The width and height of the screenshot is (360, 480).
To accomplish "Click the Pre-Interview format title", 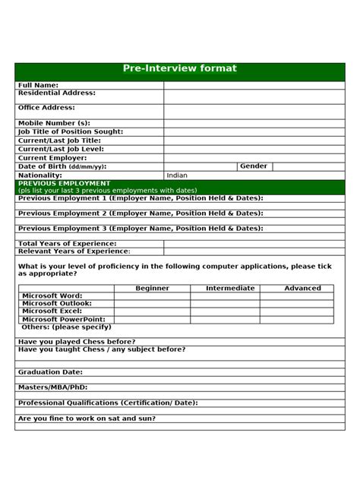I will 179,69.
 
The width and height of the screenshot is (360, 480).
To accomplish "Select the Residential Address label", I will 57,93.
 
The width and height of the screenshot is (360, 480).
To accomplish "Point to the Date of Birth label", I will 62,166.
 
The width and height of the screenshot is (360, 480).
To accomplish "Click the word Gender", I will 254,166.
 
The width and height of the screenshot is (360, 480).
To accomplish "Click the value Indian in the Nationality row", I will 177,175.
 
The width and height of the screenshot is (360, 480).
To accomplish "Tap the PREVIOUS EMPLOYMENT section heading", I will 65,183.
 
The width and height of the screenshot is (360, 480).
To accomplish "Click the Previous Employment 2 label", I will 141,213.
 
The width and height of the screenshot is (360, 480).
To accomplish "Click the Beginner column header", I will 152,288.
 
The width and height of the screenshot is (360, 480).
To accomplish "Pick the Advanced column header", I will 302,288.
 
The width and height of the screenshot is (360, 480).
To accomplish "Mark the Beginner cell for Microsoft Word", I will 152,296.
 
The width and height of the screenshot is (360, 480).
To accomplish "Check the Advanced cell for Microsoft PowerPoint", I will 302,320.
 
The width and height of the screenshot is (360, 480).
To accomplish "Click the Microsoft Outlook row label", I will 58,304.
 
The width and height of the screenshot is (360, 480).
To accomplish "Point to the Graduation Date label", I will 50,373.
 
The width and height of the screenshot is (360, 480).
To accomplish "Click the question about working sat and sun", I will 87,418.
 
